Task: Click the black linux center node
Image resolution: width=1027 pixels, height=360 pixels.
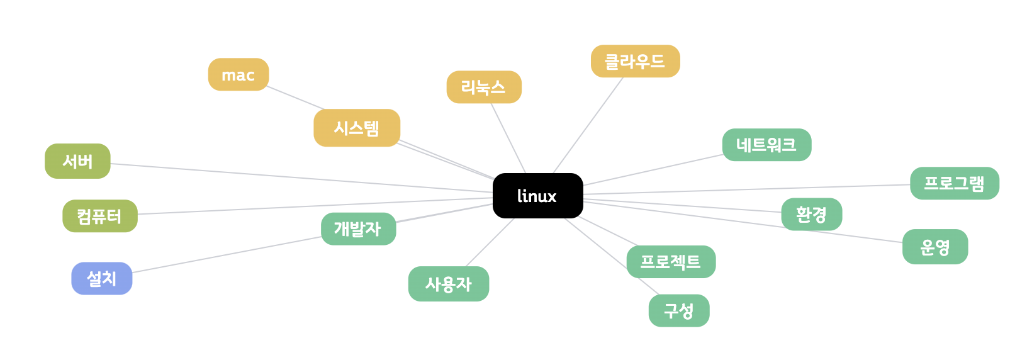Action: click(537, 196)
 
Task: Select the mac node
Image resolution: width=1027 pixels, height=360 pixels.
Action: click(239, 75)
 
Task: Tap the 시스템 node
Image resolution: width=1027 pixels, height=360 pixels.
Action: click(357, 128)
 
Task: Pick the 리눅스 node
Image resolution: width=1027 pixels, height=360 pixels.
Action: click(484, 87)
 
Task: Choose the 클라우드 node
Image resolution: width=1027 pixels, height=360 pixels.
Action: click(635, 61)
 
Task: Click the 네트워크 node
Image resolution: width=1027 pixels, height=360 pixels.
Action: click(766, 145)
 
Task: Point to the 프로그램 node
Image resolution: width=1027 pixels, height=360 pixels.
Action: click(954, 183)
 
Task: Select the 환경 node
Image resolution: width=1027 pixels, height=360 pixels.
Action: click(811, 215)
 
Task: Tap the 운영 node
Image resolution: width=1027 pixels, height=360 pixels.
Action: click(934, 247)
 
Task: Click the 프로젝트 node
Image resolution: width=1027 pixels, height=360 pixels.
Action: click(671, 261)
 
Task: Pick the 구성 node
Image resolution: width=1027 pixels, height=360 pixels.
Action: click(679, 310)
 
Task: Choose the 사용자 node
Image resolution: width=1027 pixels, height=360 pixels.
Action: click(448, 284)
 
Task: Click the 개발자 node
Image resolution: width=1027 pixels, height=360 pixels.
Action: click(358, 228)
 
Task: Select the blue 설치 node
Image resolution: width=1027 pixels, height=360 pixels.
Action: click(102, 278)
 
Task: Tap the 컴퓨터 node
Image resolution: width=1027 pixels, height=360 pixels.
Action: click(99, 216)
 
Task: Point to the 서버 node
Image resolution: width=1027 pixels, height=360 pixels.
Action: click(77, 161)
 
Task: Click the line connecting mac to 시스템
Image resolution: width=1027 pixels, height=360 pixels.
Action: click(295, 98)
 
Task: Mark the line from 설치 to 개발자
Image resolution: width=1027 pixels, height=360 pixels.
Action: click(227, 255)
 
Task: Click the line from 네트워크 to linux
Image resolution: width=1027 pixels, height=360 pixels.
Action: click(652, 170)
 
